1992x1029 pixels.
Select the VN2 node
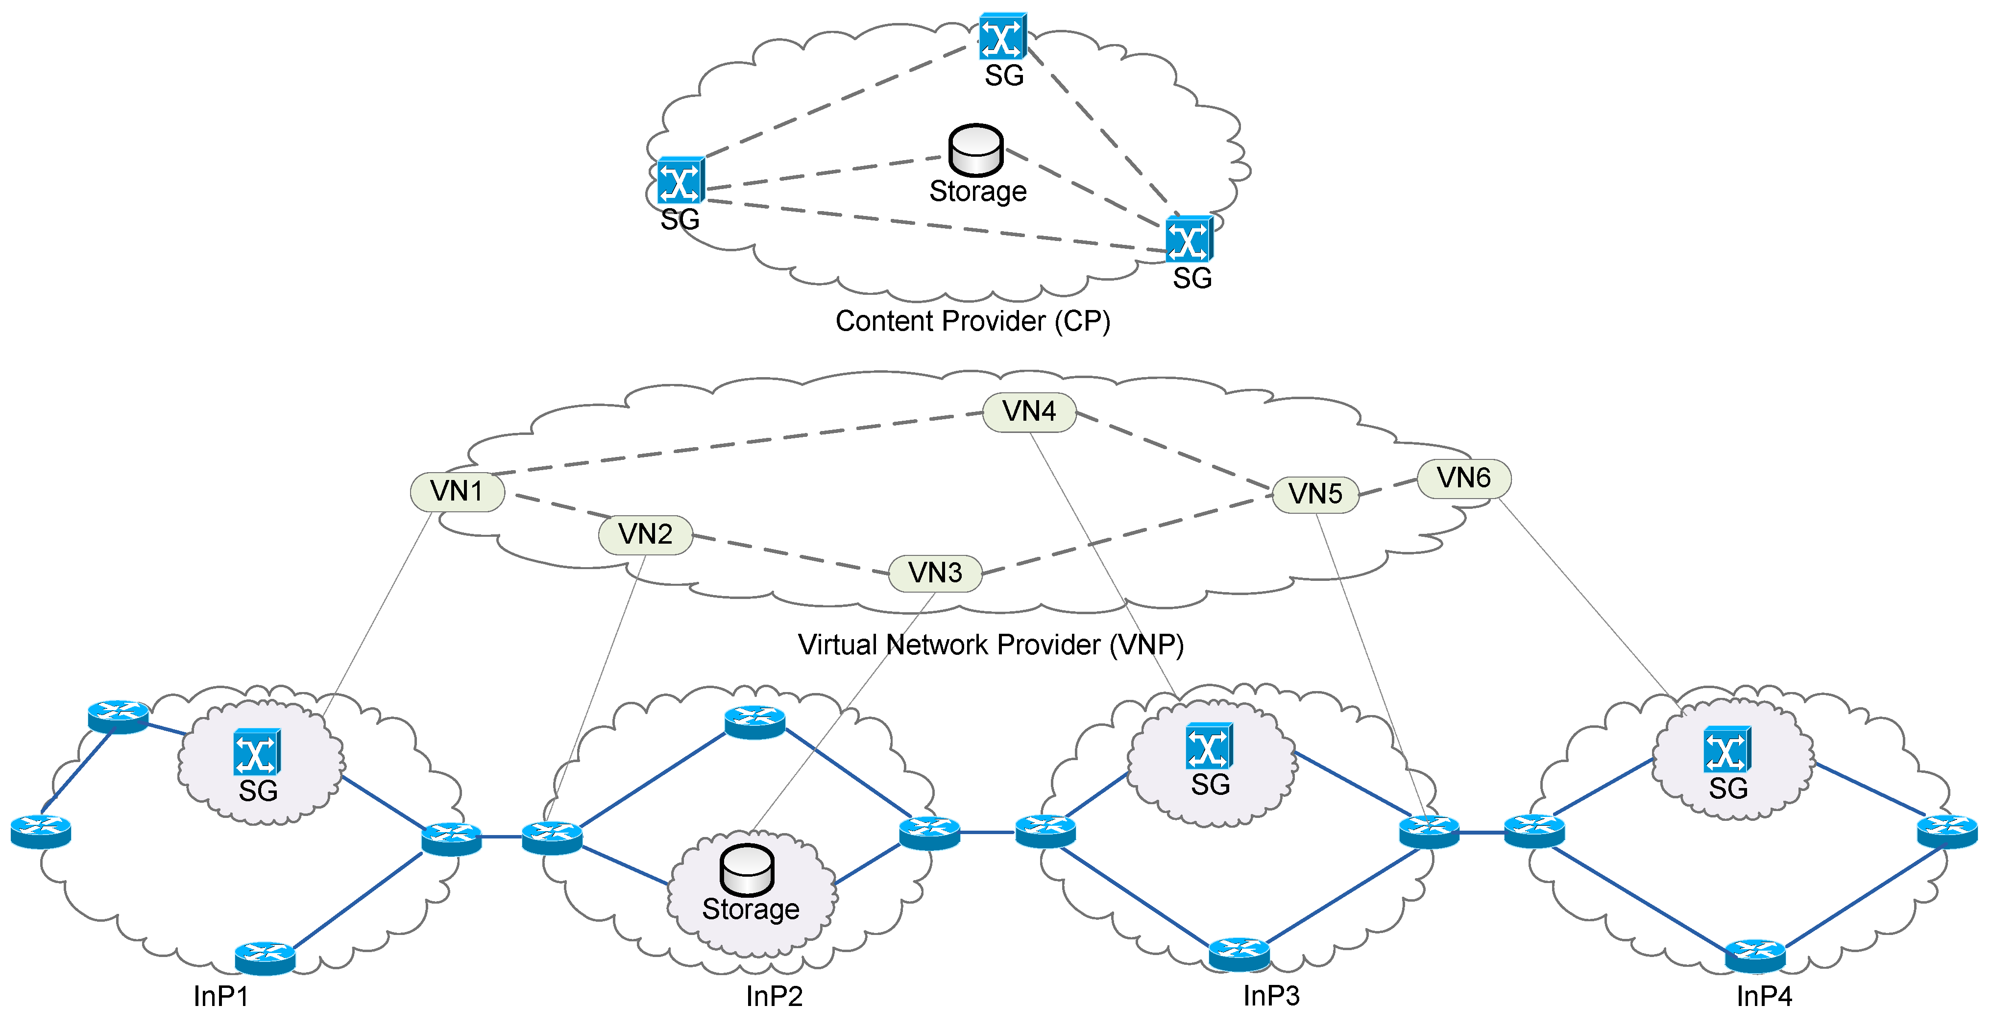pyautogui.click(x=645, y=534)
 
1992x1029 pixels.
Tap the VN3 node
pyautogui.click(x=935, y=573)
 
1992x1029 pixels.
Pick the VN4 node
pyautogui.click(x=1028, y=411)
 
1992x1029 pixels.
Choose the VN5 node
pyautogui.click(x=1315, y=494)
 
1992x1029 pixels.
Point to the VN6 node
pyautogui.click(x=1463, y=478)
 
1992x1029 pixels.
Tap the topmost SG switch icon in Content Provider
pyautogui.click(x=1002, y=36)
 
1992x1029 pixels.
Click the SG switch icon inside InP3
pyautogui.click(x=1209, y=746)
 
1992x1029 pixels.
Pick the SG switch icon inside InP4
pyautogui.click(x=1727, y=749)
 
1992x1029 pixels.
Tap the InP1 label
pyautogui.click(x=221, y=997)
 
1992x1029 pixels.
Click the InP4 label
pyautogui.click(x=1764, y=997)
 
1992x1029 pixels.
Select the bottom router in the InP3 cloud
pyautogui.click(x=1239, y=953)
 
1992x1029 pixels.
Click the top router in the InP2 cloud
pyautogui.click(x=755, y=721)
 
